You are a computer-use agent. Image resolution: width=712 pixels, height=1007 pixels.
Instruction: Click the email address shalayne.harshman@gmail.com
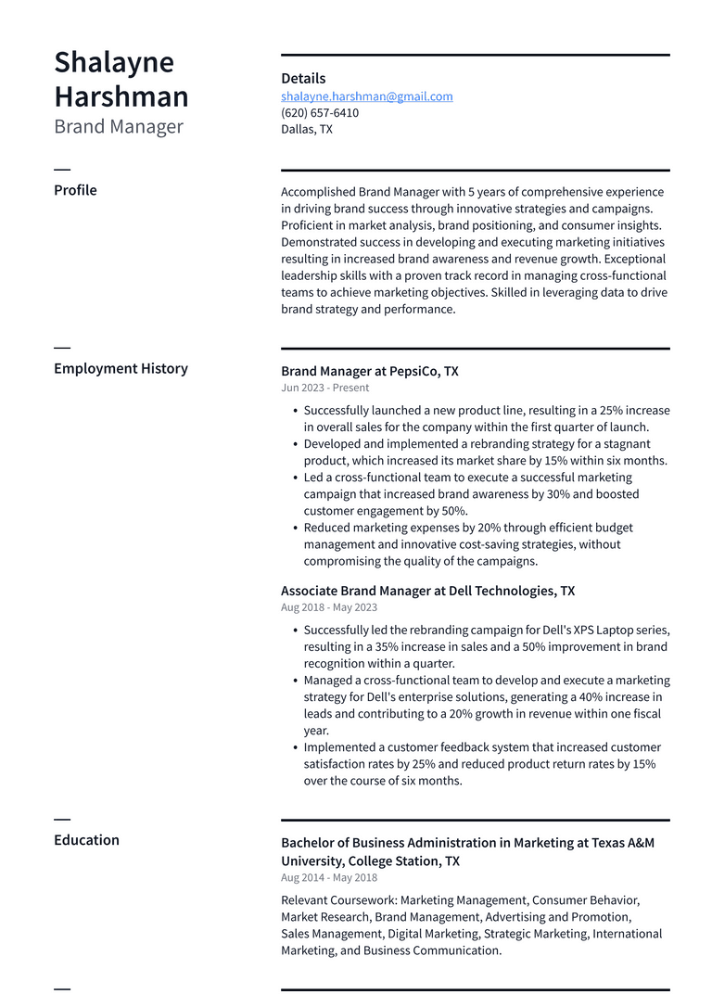[x=367, y=96]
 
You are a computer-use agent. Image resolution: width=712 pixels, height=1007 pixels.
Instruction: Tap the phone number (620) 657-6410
[x=320, y=113]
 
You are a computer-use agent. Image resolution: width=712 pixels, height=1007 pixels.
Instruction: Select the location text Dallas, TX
[x=307, y=130]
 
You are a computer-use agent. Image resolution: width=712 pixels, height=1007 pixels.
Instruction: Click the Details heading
[x=303, y=79]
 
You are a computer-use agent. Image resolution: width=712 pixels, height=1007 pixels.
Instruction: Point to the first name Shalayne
[x=114, y=62]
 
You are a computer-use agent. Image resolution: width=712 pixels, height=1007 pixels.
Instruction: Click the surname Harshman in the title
[x=121, y=96]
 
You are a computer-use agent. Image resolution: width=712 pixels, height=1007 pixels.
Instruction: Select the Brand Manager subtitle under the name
[x=119, y=127]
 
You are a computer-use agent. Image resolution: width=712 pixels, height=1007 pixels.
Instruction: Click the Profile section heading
[x=75, y=190]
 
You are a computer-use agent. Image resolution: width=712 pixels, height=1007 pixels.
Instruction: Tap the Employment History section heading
[x=121, y=368]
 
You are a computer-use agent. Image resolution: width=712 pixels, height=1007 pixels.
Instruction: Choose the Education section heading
[x=86, y=840]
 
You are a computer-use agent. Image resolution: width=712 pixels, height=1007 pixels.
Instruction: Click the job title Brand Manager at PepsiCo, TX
[x=369, y=371]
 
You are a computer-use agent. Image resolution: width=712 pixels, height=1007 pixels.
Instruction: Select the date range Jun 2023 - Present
[x=324, y=389]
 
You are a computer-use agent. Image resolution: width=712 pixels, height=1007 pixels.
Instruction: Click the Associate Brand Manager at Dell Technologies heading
[x=427, y=591]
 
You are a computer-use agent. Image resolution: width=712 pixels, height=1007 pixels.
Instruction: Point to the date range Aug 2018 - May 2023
[x=329, y=608]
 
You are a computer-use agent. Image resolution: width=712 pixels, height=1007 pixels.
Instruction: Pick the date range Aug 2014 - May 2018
[x=329, y=878]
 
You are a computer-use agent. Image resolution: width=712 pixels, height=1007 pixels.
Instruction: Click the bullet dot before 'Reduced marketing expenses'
[x=295, y=529]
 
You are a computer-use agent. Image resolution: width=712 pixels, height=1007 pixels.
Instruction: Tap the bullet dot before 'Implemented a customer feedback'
[x=295, y=747]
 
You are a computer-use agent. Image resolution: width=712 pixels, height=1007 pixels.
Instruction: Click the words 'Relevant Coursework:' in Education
[x=338, y=900]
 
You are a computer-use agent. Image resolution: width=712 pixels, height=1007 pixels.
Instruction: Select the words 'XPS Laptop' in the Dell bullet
[x=570, y=630]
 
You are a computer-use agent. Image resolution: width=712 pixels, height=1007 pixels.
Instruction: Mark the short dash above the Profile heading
[x=62, y=170]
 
